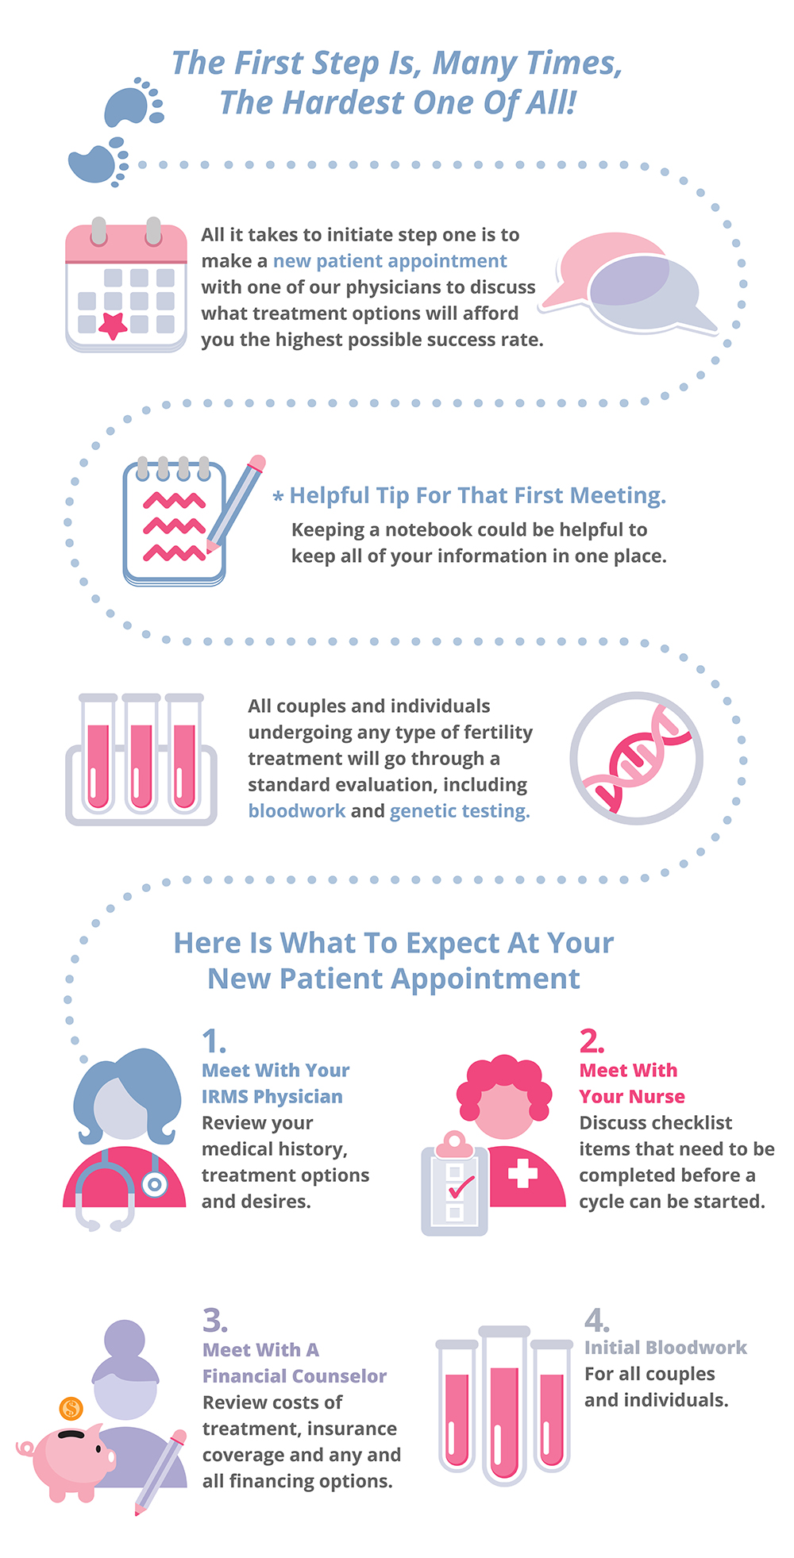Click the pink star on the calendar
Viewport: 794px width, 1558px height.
pyautogui.click(x=113, y=325)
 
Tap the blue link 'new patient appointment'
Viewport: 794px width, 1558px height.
pyautogui.click(x=390, y=261)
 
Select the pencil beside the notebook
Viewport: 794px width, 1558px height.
pyautogui.click(x=235, y=503)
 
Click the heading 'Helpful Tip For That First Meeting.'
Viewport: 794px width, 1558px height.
pyautogui.click(x=477, y=495)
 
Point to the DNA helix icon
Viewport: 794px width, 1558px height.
pyautogui.click(x=636, y=758)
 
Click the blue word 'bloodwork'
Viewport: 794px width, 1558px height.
pyautogui.click(x=297, y=811)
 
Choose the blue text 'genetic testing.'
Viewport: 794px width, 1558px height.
pyautogui.click(x=460, y=811)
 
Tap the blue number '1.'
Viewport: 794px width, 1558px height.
pyautogui.click(x=214, y=1041)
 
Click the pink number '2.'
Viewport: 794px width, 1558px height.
pyautogui.click(x=592, y=1041)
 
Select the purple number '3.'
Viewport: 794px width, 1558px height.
pyautogui.click(x=215, y=1320)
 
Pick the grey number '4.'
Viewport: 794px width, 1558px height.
pyautogui.click(x=597, y=1319)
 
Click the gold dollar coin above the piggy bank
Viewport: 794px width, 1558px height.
pyautogui.click(x=71, y=1409)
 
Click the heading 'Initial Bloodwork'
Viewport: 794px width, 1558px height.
pyautogui.click(x=665, y=1348)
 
